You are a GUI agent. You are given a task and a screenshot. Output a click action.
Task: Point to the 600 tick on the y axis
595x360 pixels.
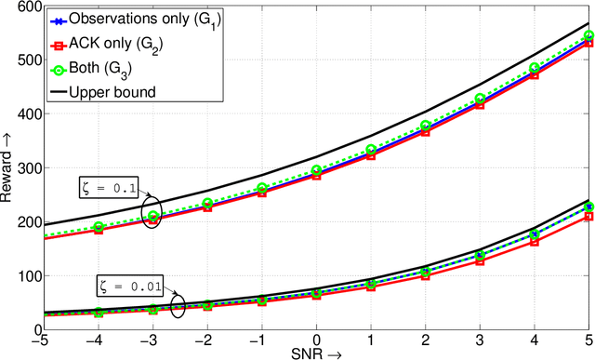click(26, 7)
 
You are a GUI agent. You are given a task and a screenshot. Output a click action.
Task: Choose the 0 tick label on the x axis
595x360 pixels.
click(316, 339)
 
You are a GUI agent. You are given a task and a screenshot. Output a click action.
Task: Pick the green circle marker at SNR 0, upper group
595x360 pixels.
click(316, 170)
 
